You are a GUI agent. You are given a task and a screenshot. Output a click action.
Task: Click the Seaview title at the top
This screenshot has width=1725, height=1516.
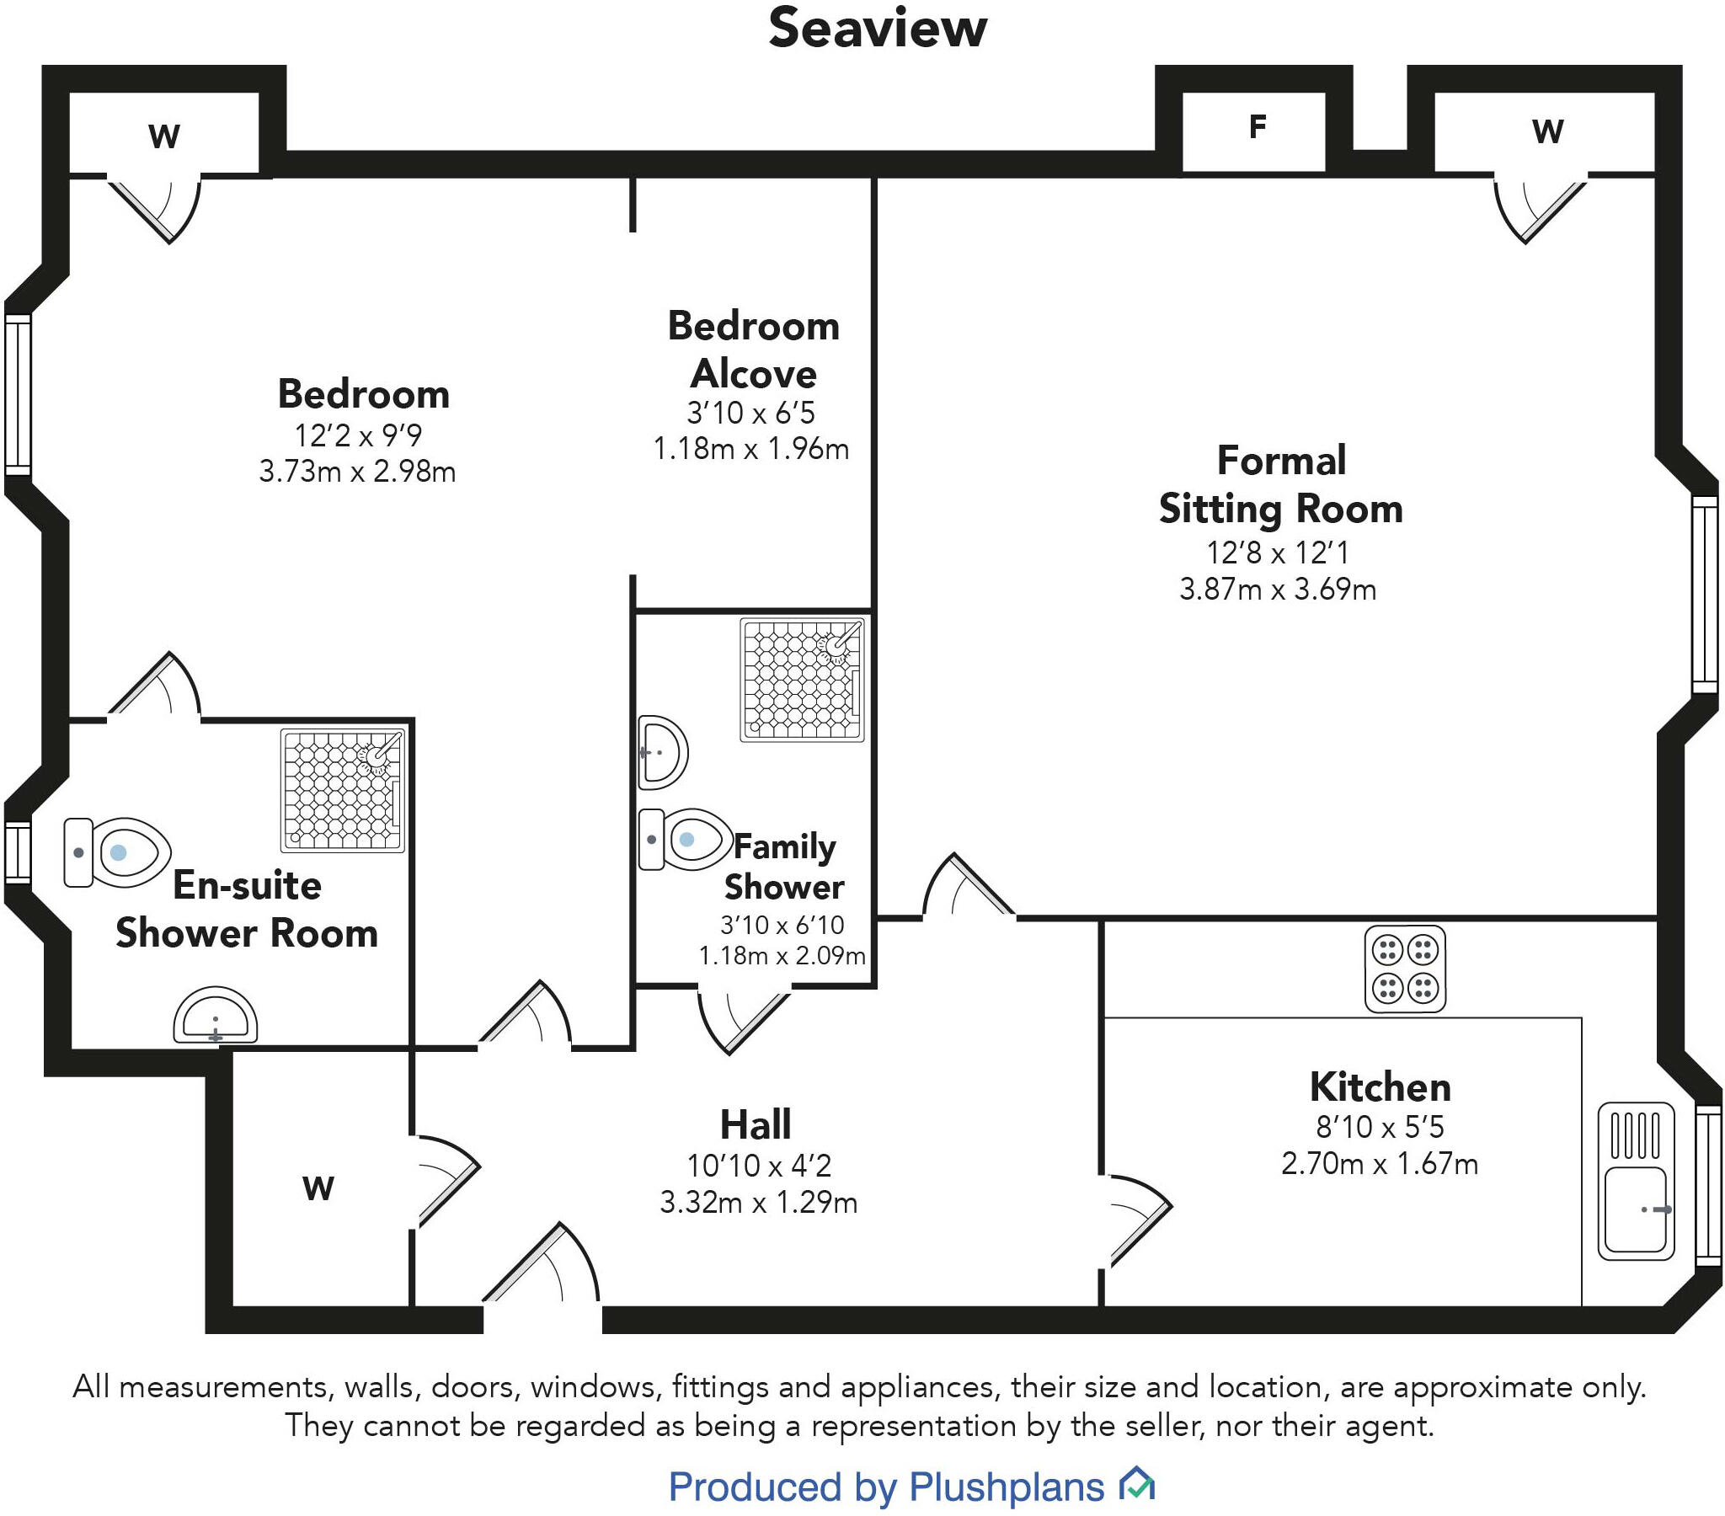(x=877, y=29)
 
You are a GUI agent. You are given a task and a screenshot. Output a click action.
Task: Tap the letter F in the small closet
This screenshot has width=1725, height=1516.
(x=1257, y=126)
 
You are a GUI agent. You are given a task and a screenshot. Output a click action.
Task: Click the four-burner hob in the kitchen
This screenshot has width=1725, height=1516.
(x=1404, y=969)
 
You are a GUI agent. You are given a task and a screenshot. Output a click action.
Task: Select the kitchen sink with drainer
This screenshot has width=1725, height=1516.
(x=1636, y=1181)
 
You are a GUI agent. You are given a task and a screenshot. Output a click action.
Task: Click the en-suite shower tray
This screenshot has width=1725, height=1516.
(x=343, y=791)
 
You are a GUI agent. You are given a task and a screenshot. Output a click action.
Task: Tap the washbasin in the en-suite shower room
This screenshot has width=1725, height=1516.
(x=215, y=1016)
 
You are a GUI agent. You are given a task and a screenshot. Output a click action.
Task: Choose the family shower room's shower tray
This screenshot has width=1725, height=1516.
(x=802, y=680)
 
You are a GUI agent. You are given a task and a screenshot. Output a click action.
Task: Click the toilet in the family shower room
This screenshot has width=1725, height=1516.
(x=684, y=839)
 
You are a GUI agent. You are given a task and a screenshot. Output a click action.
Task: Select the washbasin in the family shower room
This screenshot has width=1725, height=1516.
(x=663, y=752)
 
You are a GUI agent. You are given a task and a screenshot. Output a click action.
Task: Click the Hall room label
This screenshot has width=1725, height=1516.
(x=756, y=1125)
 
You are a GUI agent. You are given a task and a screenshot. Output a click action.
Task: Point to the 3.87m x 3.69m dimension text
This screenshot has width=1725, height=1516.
(x=1277, y=590)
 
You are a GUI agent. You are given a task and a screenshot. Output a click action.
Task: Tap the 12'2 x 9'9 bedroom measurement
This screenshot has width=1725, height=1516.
(x=357, y=435)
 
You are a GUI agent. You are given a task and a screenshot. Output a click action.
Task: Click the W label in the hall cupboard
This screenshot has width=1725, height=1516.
(x=318, y=1188)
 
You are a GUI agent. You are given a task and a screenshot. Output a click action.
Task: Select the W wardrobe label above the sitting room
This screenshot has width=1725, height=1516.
(x=1547, y=131)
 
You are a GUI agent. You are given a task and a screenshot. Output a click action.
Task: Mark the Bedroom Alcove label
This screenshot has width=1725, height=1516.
(x=753, y=350)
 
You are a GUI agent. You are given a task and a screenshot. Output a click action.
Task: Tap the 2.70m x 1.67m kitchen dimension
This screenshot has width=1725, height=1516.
(x=1379, y=1164)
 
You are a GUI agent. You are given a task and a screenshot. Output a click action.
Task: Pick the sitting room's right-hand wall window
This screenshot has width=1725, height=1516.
(x=1705, y=595)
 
